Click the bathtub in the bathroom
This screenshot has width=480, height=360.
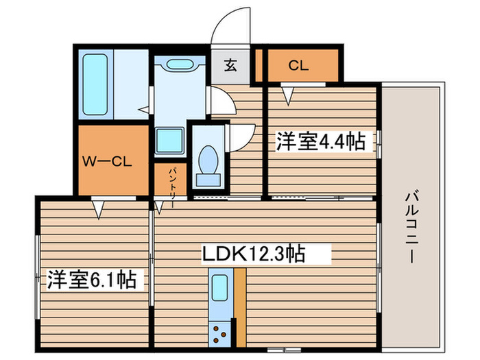tap(95, 84)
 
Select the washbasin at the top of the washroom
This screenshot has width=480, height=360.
tap(180, 64)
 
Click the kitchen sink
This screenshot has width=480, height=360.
tap(220, 288)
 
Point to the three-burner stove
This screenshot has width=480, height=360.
tap(220, 335)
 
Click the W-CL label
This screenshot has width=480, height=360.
tap(107, 161)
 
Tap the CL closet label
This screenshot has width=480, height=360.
tap(298, 66)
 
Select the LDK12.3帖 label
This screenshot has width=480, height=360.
tap(253, 254)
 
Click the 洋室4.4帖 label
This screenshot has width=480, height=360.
tap(321, 141)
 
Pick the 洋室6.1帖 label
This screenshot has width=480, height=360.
tap(91, 279)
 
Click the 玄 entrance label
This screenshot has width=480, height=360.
tap(230, 65)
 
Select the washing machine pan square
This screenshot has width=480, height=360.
tap(169, 140)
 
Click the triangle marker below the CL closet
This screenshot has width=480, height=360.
tap(288, 96)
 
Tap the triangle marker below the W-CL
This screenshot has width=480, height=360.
tap(98, 210)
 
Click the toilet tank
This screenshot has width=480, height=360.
tap(208, 180)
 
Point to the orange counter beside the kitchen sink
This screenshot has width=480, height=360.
tap(240, 308)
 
